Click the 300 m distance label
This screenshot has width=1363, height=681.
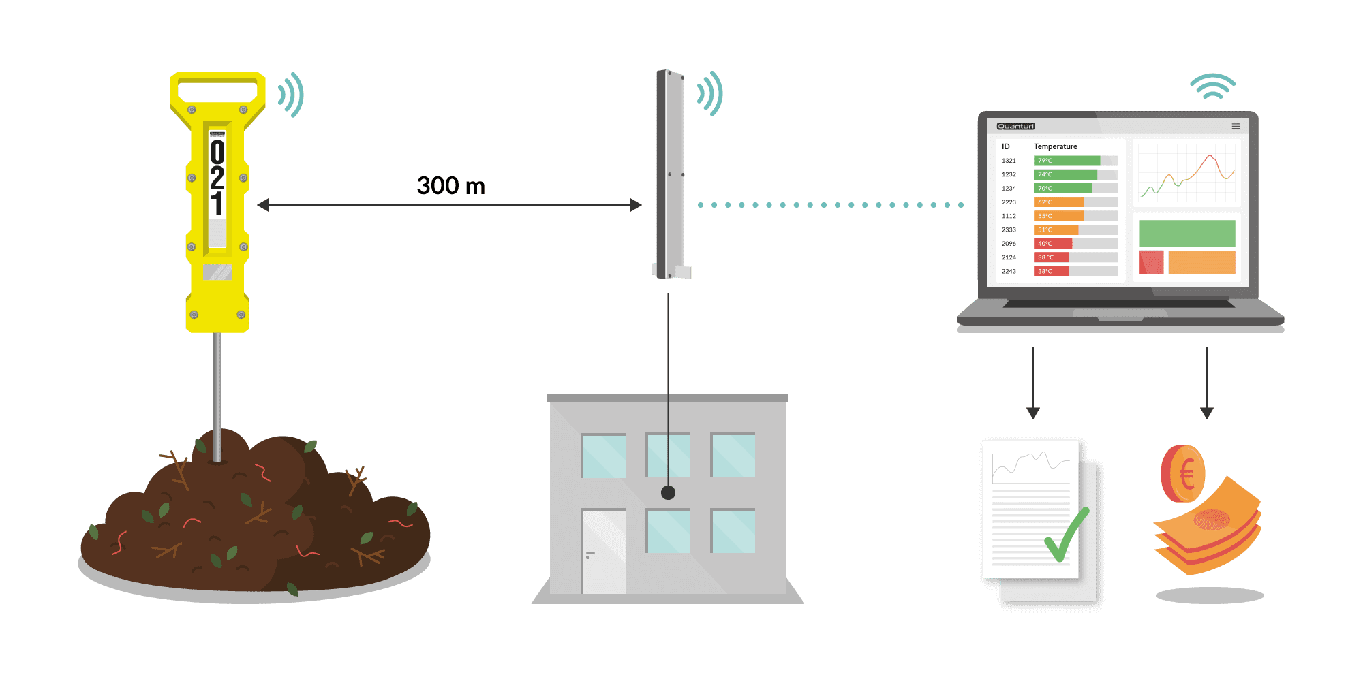(x=450, y=185)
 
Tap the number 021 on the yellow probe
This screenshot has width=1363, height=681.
(x=217, y=177)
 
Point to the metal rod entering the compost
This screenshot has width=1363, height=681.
(x=217, y=395)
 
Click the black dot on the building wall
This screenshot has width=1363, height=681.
(x=668, y=492)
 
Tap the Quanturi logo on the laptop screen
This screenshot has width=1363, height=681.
(x=1015, y=126)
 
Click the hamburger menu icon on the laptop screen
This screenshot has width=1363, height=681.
(x=1236, y=126)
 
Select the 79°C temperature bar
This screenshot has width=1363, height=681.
(x=1067, y=161)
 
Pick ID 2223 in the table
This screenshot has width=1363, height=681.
(x=1009, y=202)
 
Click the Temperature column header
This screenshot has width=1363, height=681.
(x=1055, y=146)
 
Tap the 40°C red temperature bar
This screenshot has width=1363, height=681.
(x=1053, y=244)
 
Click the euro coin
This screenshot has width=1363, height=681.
(x=1182, y=474)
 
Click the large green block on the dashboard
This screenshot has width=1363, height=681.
(x=1187, y=233)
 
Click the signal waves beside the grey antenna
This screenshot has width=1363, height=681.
(x=710, y=93)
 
